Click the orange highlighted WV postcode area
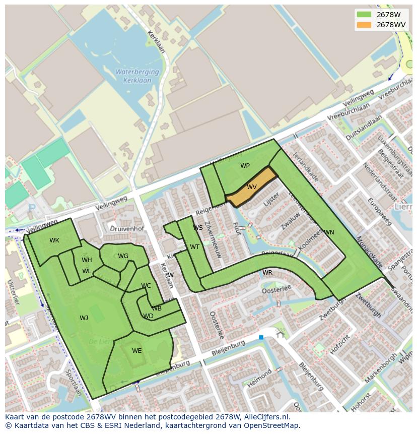pos(252,188)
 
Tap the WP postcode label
pos(245,166)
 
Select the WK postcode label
pos(54,240)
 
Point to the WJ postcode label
pos(84,318)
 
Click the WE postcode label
pos(136,351)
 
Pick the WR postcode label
pos(267,273)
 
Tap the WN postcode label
pos(329,232)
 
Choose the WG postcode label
pos(123,256)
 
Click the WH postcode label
pos(87,260)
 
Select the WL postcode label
pos(87,271)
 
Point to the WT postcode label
pos(194,247)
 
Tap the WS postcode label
pos(198,228)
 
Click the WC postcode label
pos(146,286)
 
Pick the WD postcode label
pos(148,317)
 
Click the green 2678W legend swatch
pos(364,15)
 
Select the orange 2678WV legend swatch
pos(364,25)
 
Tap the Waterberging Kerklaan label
pos(137,76)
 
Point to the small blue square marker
pos(261,337)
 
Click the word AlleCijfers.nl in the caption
pos(267,417)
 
